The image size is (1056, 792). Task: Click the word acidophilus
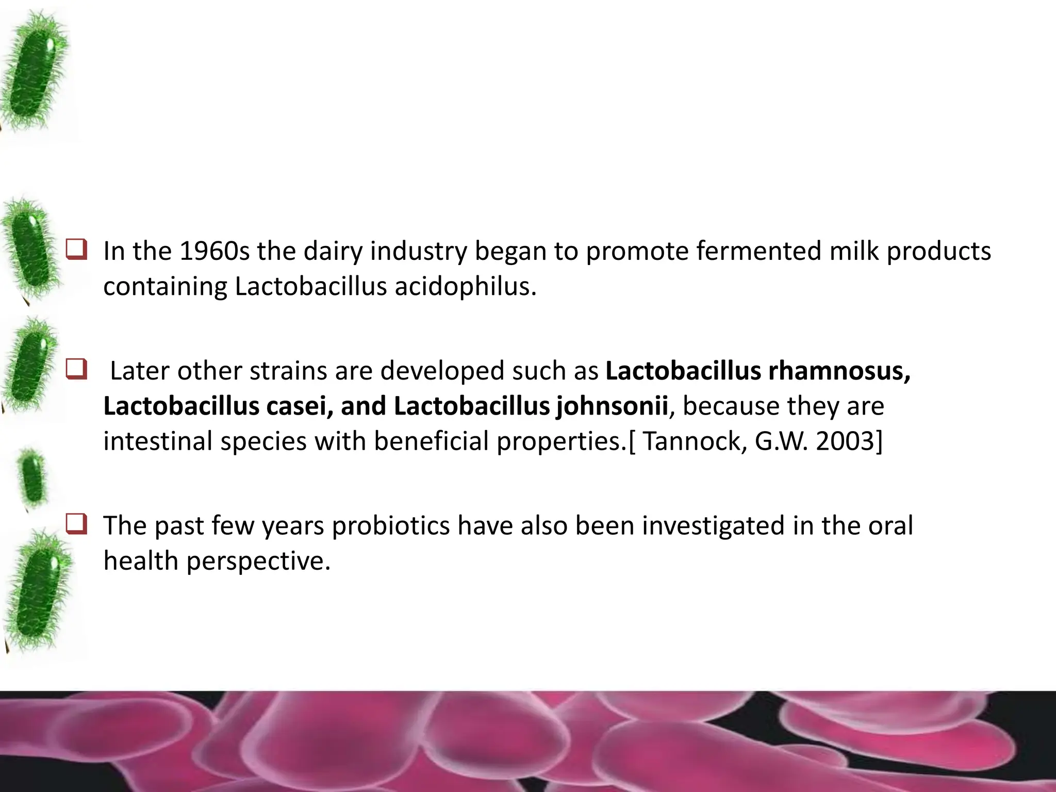466,287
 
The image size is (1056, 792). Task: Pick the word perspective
258,561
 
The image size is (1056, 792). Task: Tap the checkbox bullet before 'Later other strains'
76,371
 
